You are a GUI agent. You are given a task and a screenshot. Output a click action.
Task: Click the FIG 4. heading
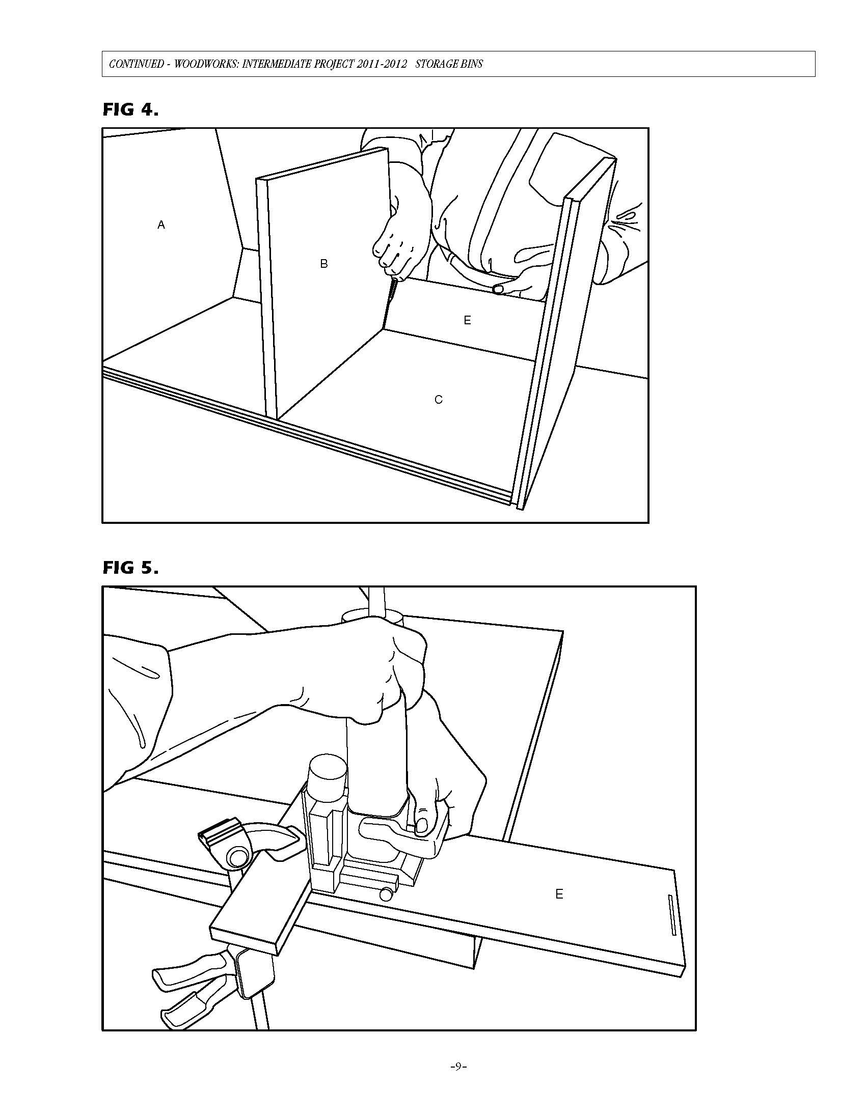130,109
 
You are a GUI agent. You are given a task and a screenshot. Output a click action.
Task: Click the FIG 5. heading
130,568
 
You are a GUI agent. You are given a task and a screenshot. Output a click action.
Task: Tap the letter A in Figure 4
161,225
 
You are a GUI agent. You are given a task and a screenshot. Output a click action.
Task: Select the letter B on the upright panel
323,264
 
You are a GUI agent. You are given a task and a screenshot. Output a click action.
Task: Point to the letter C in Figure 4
438,400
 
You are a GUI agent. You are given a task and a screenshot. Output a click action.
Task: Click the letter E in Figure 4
467,320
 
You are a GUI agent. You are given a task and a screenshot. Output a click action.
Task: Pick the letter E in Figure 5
559,894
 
